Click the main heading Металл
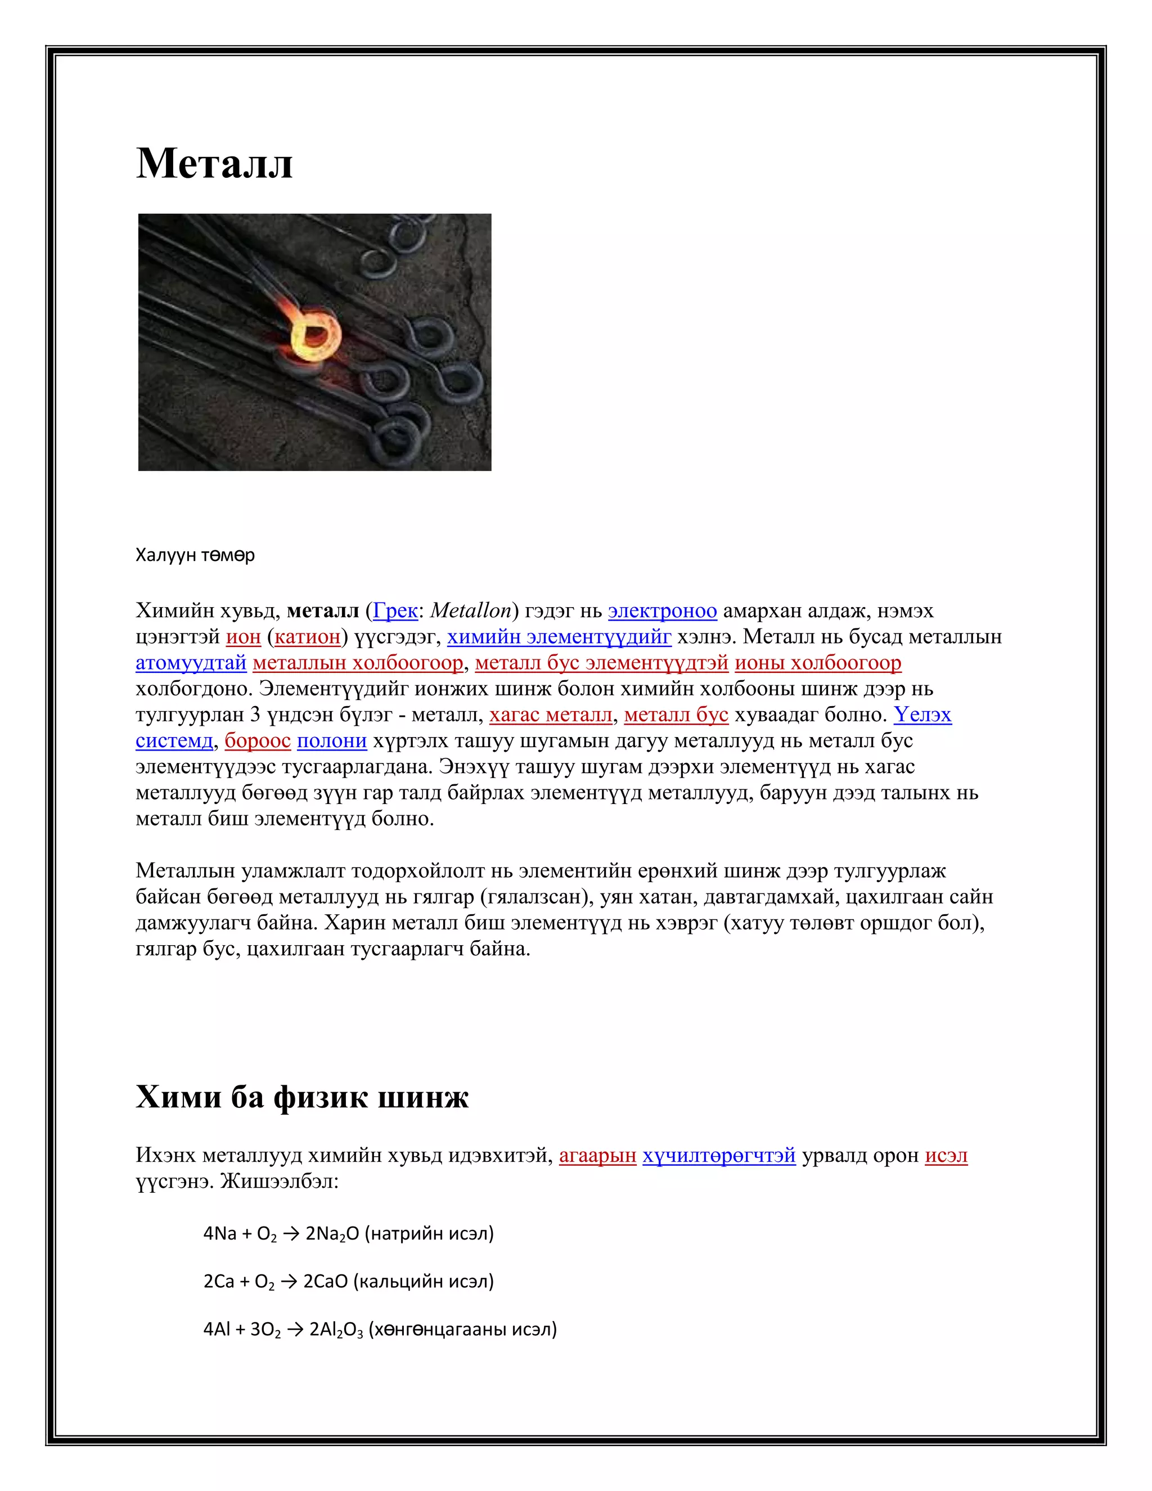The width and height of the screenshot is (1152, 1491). [x=214, y=164]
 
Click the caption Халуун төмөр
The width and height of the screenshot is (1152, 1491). [x=195, y=555]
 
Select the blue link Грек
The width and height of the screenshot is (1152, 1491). [x=395, y=611]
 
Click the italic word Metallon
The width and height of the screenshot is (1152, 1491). [x=471, y=611]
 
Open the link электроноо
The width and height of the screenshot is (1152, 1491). [x=662, y=611]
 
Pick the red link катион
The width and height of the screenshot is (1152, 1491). [x=307, y=637]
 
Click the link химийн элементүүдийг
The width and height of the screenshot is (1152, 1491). [x=559, y=637]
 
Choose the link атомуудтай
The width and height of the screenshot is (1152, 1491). [x=191, y=663]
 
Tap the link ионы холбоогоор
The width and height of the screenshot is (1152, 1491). [x=817, y=663]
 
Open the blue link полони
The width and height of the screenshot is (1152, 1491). [x=332, y=741]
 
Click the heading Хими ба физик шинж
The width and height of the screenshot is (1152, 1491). [x=302, y=1098]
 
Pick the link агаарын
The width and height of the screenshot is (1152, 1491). [x=597, y=1156]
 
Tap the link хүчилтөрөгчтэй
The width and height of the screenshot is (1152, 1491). [x=719, y=1156]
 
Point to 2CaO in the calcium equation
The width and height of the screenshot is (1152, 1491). [x=326, y=1281]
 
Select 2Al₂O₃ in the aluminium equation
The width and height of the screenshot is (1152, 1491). [x=336, y=1329]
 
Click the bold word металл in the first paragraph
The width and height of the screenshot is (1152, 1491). [x=323, y=611]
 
